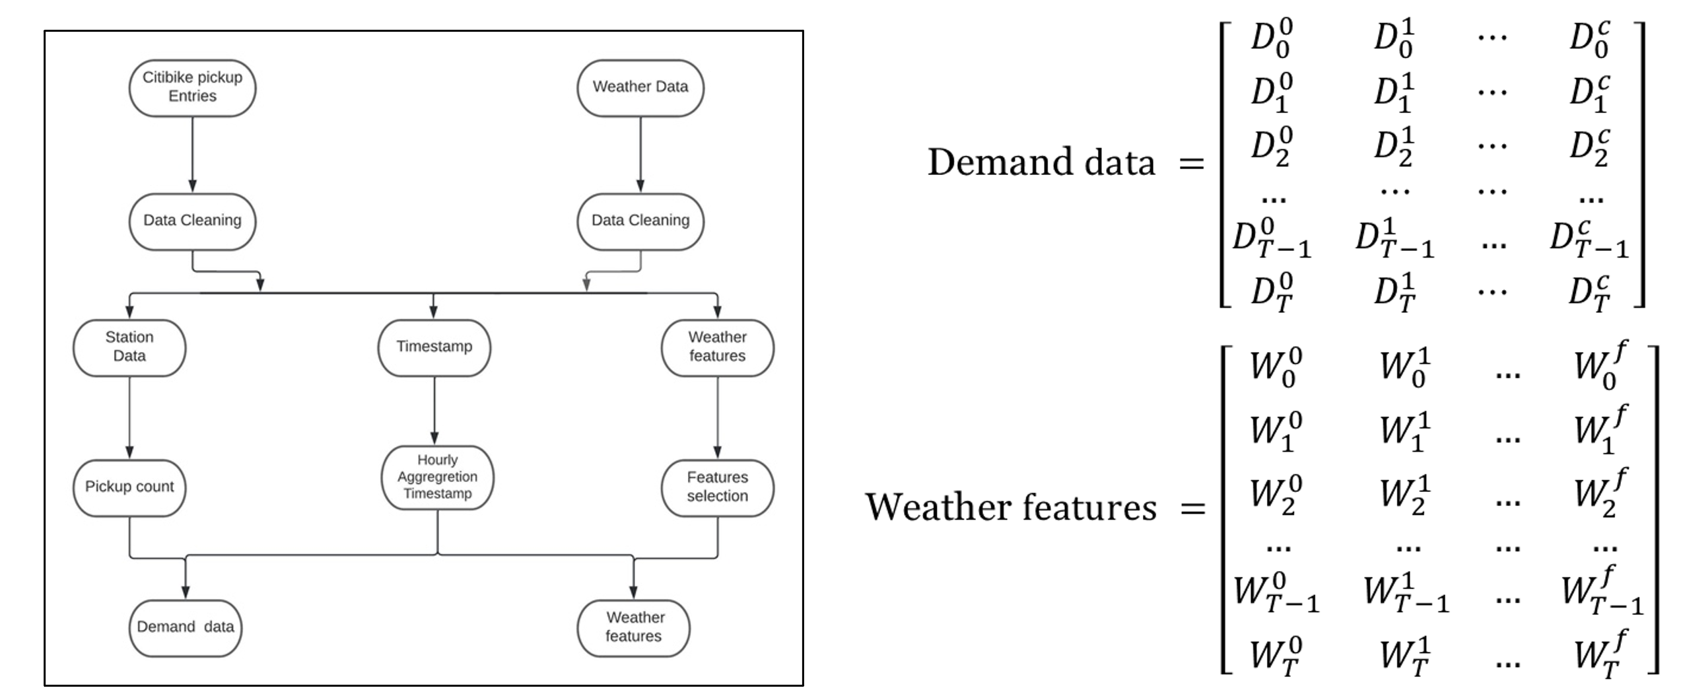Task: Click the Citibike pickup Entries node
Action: pyautogui.click(x=192, y=88)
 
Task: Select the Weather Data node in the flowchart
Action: pyautogui.click(x=640, y=88)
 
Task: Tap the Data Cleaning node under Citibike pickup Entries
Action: pyautogui.click(x=192, y=221)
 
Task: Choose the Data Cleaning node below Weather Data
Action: pyautogui.click(x=640, y=221)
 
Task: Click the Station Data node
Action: pyautogui.click(x=129, y=347)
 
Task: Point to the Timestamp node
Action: pyautogui.click(x=434, y=347)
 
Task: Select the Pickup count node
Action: pyautogui.click(x=129, y=487)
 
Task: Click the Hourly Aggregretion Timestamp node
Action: pyautogui.click(x=437, y=477)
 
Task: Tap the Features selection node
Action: pyautogui.click(x=717, y=487)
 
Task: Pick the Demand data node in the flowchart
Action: pyautogui.click(x=186, y=627)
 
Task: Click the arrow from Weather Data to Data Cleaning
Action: pyautogui.click(x=640, y=155)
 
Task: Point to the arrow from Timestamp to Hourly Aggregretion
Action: pyautogui.click(x=434, y=410)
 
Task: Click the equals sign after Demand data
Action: pyautogui.click(x=1191, y=163)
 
